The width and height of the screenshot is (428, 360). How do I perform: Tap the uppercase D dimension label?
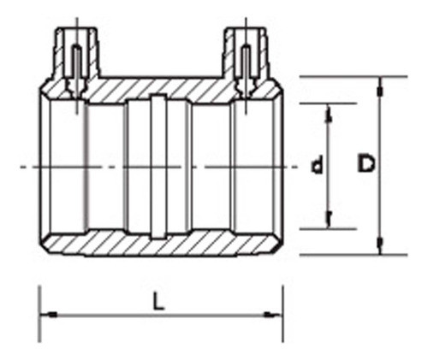pos(366,167)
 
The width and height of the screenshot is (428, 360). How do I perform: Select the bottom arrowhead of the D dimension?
pos(380,251)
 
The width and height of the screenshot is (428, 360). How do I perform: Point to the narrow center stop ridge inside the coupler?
pos(158,165)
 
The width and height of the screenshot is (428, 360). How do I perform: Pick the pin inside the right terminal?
pos(245,64)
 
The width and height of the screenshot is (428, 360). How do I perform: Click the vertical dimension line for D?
pos(380,205)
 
